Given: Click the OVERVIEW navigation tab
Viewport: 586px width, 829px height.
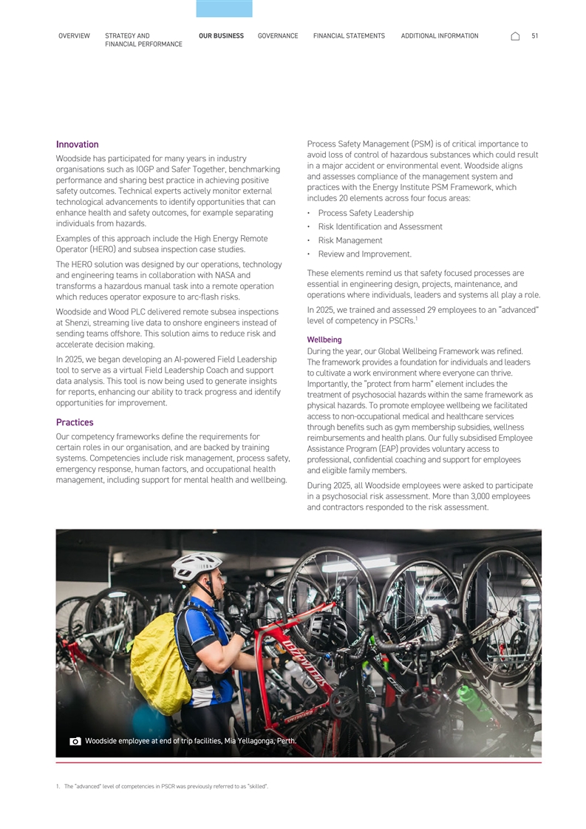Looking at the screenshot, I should pos(74,35).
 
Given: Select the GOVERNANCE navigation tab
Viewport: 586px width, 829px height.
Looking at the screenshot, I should pos(278,35).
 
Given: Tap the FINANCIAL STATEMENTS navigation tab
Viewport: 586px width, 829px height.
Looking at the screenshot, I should pos(349,35).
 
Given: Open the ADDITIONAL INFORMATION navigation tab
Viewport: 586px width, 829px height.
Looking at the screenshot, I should pos(439,35).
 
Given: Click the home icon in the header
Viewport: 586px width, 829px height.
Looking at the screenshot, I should pos(515,36).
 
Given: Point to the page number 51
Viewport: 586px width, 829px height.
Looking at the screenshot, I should pos(534,35).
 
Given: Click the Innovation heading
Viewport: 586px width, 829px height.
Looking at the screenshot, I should pos(77,144).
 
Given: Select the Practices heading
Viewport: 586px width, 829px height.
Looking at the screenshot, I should pos(75,422).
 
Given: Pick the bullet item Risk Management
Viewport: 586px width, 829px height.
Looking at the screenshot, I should pos(350,240).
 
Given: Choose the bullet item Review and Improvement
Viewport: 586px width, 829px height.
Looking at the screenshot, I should pos(364,254).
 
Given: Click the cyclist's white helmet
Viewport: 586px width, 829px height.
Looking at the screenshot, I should pos(196,566).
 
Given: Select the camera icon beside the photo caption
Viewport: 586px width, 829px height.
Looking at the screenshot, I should pos(75,741).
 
